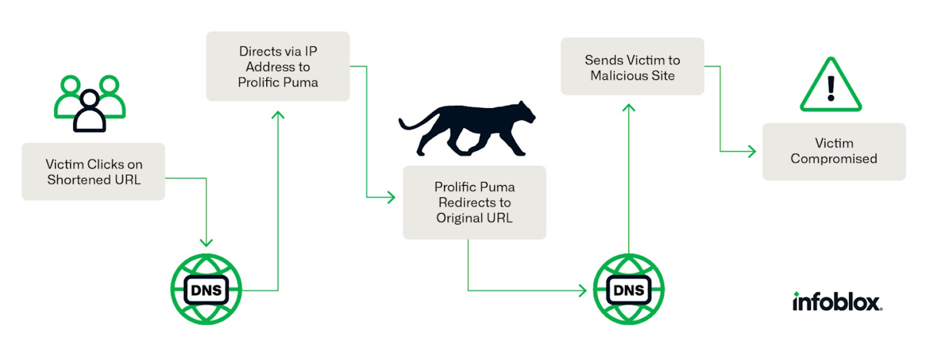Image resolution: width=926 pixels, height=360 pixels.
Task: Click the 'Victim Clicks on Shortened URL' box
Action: pos(93,171)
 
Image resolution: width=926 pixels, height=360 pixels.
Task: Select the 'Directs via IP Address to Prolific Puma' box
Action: pos(278,67)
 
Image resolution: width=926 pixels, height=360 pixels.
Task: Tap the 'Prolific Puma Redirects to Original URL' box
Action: pos(475,203)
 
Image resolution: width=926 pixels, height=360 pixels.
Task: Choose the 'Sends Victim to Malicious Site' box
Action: pos(633,67)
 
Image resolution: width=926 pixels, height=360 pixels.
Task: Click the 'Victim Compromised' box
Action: pos(834,151)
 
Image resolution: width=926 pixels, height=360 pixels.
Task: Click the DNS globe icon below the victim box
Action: pos(206,289)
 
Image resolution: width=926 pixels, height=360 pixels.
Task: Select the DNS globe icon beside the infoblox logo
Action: pos(629,289)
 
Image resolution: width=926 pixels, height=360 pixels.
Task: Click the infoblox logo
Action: pos(837,302)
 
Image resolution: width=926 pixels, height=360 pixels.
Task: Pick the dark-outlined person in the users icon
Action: pos(90,112)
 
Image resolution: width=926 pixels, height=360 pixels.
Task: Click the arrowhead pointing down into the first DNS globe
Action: pos(206,242)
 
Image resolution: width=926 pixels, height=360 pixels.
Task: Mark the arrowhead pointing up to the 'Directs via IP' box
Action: pos(278,115)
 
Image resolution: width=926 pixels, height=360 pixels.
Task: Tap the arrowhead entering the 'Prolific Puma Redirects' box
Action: pos(391,197)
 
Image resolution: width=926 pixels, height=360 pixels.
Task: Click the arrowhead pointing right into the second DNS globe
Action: pos(582,291)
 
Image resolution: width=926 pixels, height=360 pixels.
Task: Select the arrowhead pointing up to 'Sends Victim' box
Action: pos(629,108)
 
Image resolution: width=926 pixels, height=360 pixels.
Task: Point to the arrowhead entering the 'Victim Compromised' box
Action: pos(752,151)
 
